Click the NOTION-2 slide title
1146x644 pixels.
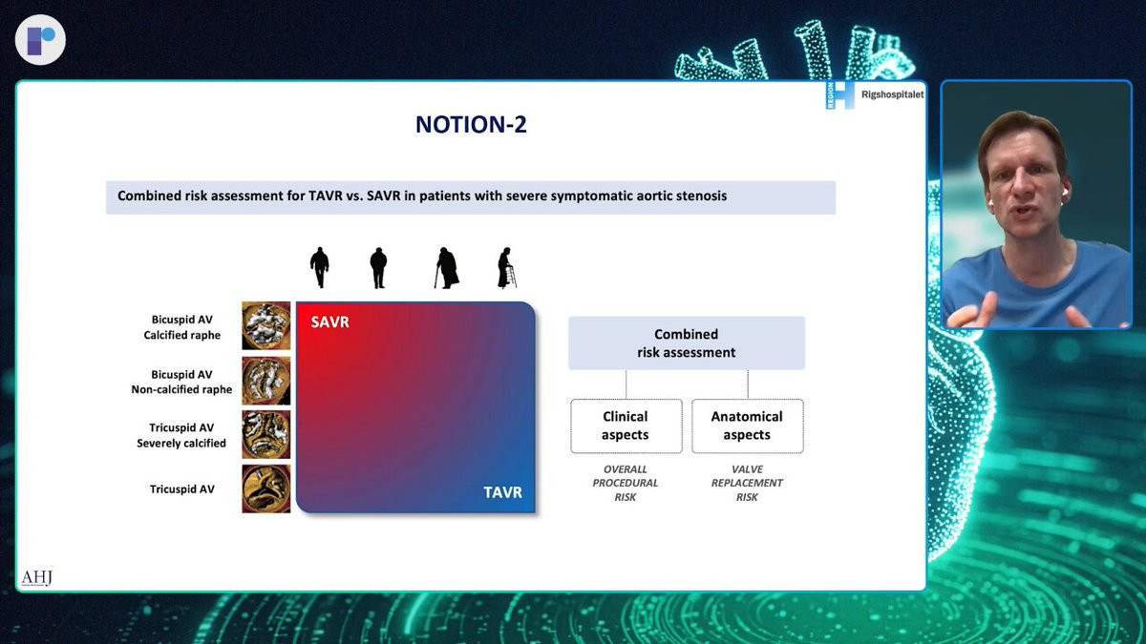pyautogui.click(x=471, y=124)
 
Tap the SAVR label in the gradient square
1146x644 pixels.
pyautogui.click(x=330, y=322)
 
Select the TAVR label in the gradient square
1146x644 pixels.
pyautogui.click(x=503, y=492)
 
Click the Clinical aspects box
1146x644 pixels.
pyautogui.click(x=626, y=426)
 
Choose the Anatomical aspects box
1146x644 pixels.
pyautogui.click(x=748, y=426)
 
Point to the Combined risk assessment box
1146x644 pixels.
pyautogui.click(x=687, y=343)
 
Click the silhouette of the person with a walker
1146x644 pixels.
pyautogui.click(x=507, y=268)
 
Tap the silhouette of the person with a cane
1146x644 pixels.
pyautogui.click(x=447, y=268)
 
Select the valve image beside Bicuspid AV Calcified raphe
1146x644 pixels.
pyautogui.click(x=266, y=325)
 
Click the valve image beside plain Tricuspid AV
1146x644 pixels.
pyautogui.click(x=266, y=488)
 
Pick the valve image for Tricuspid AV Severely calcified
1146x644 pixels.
pyautogui.click(x=266, y=434)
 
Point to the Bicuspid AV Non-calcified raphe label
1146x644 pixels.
pyautogui.click(x=181, y=382)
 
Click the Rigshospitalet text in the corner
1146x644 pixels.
pyautogui.click(x=893, y=94)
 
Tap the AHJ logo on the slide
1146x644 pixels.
pyautogui.click(x=37, y=578)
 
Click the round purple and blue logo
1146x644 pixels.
pyautogui.click(x=40, y=40)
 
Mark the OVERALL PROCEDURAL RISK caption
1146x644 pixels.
pyautogui.click(x=626, y=483)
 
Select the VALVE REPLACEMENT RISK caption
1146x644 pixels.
pyautogui.click(x=747, y=483)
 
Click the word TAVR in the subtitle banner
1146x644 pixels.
pyautogui.click(x=326, y=196)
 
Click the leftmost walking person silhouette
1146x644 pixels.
pyautogui.click(x=319, y=267)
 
